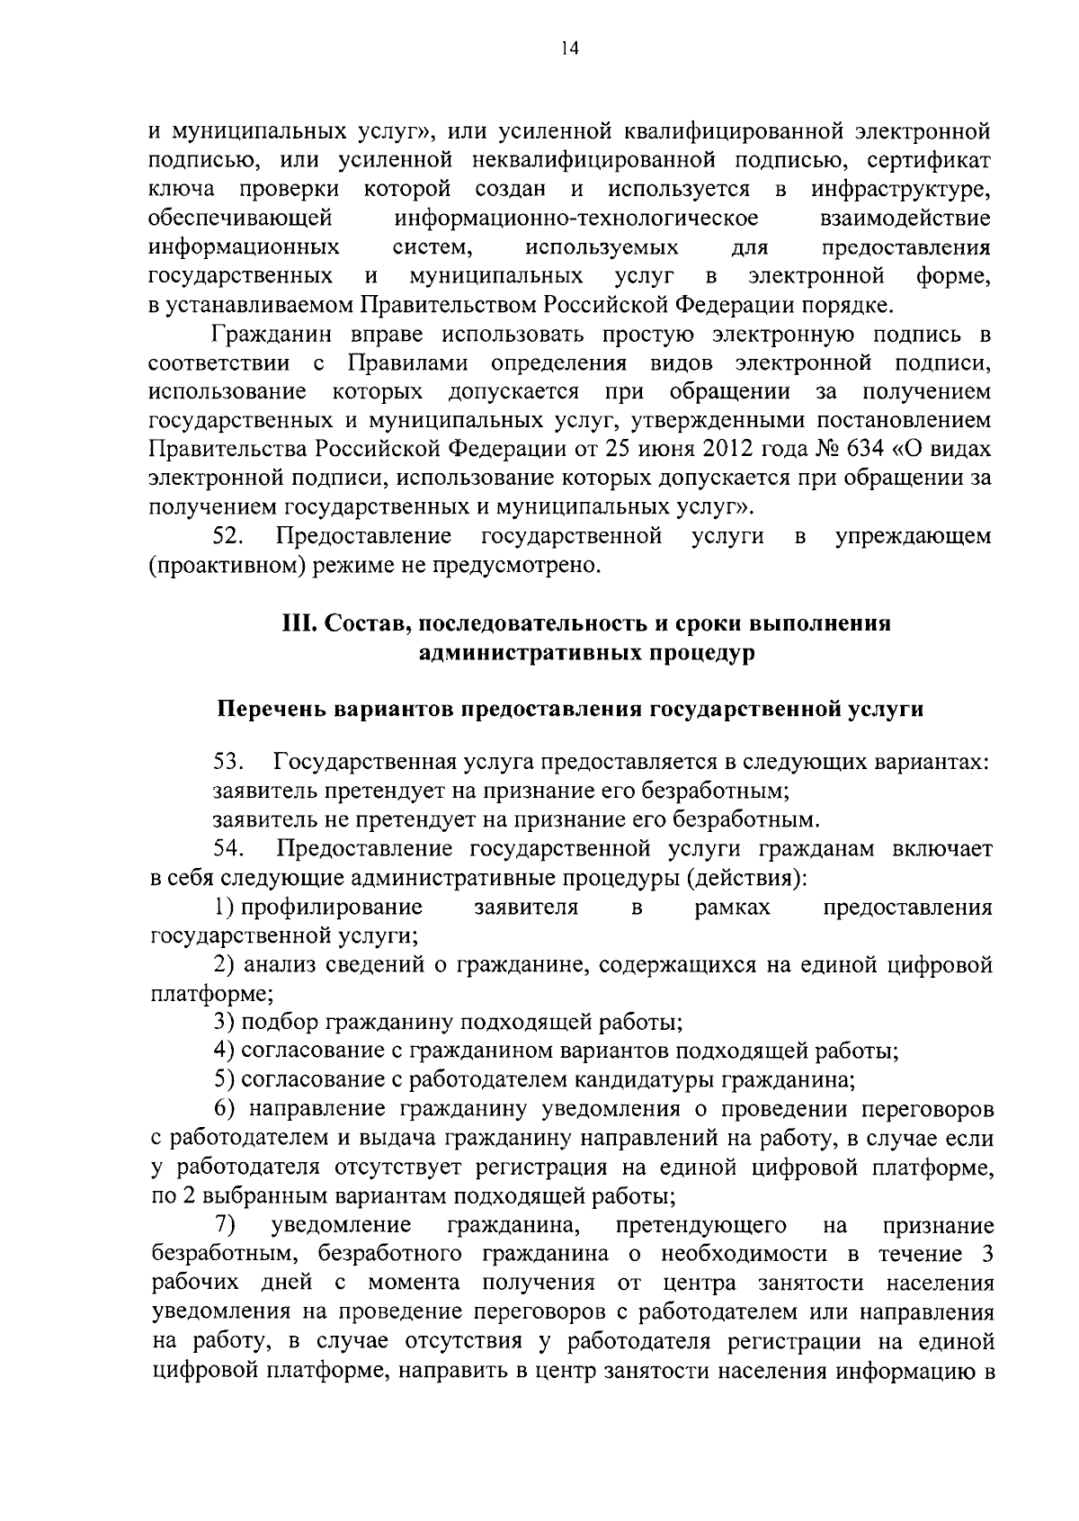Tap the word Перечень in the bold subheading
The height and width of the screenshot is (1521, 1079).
pos(273,709)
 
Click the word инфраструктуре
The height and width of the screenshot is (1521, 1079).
pos(900,190)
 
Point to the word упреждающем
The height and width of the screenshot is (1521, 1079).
pos(914,536)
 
